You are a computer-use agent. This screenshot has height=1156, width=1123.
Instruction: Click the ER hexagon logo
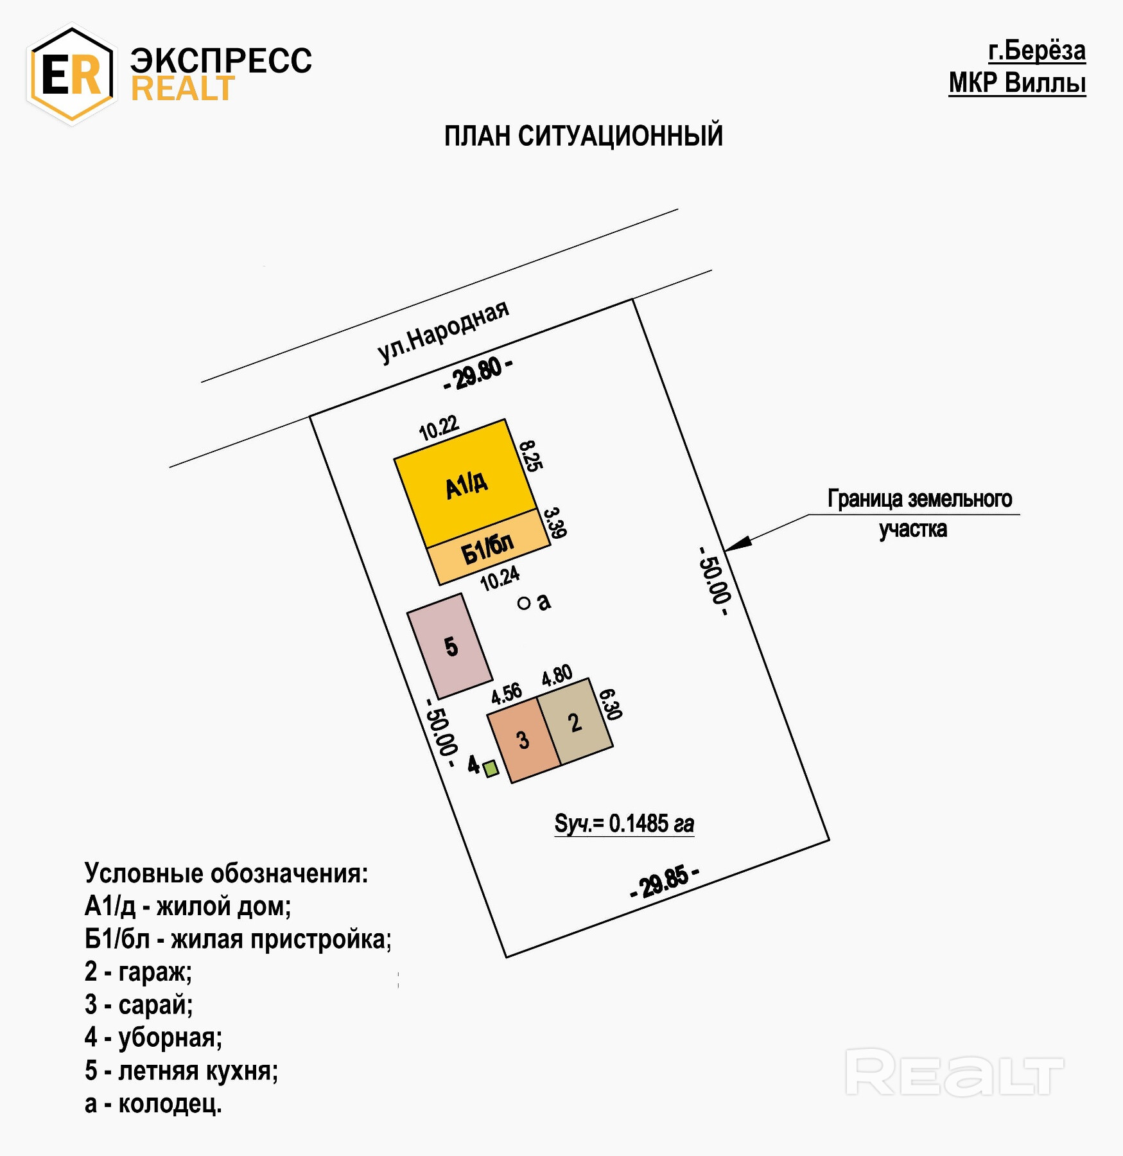(72, 74)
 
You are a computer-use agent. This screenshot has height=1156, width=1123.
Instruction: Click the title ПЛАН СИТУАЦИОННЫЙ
(583, 136)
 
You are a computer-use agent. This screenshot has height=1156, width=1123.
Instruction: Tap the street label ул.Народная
(443, 332)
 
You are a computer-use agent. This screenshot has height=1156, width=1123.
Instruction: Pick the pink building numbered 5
(450, 646)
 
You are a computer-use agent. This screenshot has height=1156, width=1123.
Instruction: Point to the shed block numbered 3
(523, 740)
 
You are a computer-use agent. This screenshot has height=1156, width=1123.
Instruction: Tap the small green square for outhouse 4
(491, 768)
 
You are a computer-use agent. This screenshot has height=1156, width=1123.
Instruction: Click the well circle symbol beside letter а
(524, 603)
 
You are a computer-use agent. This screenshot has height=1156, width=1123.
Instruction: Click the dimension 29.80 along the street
(478, 374)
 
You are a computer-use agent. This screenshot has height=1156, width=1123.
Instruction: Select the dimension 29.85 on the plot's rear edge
(665, 881)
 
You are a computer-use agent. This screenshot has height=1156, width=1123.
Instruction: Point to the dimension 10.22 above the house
(439, 428)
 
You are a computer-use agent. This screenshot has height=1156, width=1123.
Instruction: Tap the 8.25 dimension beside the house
(531, 456)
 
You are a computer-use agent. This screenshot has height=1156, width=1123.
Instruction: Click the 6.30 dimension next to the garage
(610, 705)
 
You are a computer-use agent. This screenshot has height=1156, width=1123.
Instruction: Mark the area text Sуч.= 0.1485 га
(624, 823)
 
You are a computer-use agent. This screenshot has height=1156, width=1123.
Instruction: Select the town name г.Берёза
(1036, 51)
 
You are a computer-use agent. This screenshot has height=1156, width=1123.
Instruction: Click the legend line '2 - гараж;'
(138, 972)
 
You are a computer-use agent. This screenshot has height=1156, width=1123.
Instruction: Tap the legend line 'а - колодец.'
(153, 1104)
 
